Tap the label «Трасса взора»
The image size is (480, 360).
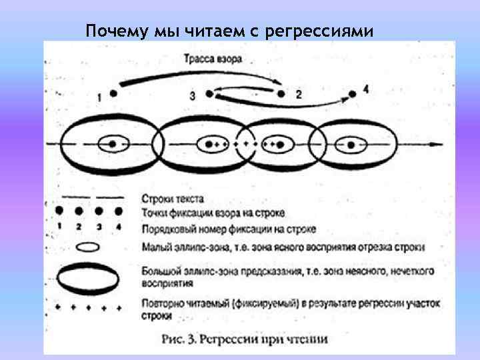pyautogui.click(x=213, y=59)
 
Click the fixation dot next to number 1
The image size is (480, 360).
pyautogui.click(x=113, y=93)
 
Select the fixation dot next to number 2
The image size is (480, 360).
pyautogui.click(x=281, y=94)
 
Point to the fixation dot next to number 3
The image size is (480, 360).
pyautogui.click(x=209, y=94)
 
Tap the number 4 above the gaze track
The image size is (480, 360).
pyautogui.click(x=366, y=88)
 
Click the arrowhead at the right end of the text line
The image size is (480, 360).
pyautogui.click(x=436, y=144)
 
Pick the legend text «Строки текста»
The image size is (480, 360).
pyautogui.click(x=173, y=199)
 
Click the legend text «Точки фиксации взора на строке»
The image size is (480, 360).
pyautogui.click(x=213, y=213)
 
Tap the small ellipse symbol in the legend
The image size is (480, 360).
pyautogui.click(x=89, y=247)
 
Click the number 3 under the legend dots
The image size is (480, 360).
pyautogui.click(x=99, y=227)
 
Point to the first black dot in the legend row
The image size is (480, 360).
pyautogui.click(x=59, y=211)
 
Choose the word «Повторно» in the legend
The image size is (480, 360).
pyautogui.click(x=161, y=305)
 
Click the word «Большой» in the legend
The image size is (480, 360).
pyautogui.click(x=160, y=271)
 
